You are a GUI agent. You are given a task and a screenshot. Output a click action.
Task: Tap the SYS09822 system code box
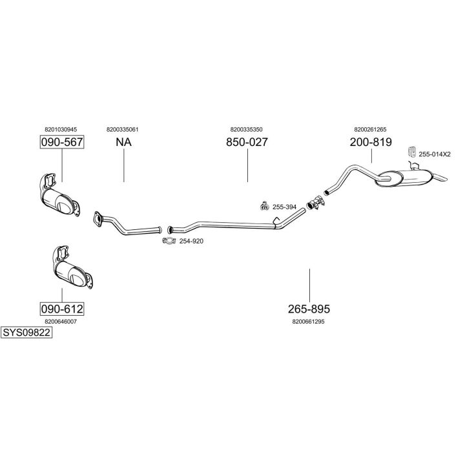pyautogui.click(x=26, y=333)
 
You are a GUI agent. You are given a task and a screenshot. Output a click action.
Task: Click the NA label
pyautogui.click(x=123, y=142)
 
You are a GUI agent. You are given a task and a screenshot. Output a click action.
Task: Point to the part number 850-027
pyautogui.click(x=247, y=142)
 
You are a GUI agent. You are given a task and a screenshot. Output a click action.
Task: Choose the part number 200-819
pyautogui.click(x=371, y=142)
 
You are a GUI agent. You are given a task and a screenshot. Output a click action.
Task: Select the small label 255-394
pyautogui.click(x=284, y=207)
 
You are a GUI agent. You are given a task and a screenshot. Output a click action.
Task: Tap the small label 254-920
pyautogui.click(x=191, y=241)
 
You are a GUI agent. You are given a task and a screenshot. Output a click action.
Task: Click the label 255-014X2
pyautogui.click(x=434, y=154)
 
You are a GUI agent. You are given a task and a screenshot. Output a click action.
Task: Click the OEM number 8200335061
pyautogui.click(x=122, y=129)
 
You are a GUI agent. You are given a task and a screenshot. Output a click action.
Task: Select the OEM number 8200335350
pyautogui.click(x=246, y=129)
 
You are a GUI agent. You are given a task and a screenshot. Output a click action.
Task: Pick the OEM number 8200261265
pyautogui.click(x=370, y=129)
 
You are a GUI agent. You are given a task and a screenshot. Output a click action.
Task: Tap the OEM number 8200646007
pyautogui.click(x=61, y=321)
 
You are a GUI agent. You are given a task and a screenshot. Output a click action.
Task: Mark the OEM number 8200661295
pyautogui.click(x=308, y=321)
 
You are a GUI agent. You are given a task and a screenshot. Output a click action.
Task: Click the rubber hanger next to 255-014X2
pyautogui.click(x=410, y=153)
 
